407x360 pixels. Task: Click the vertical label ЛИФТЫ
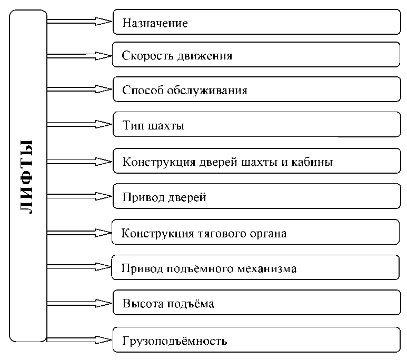tap(26, 177)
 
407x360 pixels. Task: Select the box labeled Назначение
tap(256, 23)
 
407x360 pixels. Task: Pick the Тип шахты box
tap(256, 126)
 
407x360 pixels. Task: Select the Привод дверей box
tap(256, 197)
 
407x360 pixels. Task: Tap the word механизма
tap(267, 268)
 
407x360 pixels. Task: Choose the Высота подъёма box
tap(256, 304)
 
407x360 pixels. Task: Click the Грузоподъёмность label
tap(174, 340)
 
